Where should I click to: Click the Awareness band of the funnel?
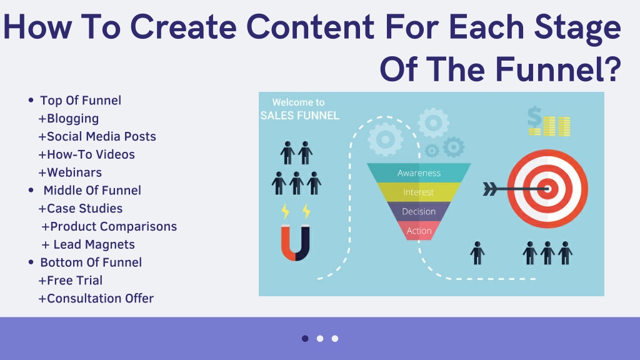click(x=419, y=172)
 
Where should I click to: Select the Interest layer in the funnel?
click(x=418, y=192)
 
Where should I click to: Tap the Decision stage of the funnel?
click(x=419, y=211)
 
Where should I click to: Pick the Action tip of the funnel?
click(x=419, y=231)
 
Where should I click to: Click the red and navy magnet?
click(x=296, y=244)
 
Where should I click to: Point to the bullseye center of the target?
click(x=547, y=189)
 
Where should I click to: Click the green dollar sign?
click(x=534, y=117)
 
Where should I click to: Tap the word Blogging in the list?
click(x=72, y=118)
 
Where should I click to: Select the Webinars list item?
click(x=74, y=172)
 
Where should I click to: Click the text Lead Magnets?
click(x=94, y=244)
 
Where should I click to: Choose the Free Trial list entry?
click(x=75, y=280)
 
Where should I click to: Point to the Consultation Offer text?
click(x=101, y=298)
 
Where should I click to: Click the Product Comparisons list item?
click(x=114, y=226)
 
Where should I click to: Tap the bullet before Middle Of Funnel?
click(x=31, y=190)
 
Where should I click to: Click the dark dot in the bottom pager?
click(x=305, y=338)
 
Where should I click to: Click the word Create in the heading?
click(x=183, y=26)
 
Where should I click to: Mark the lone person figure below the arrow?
click(x=477, y=252)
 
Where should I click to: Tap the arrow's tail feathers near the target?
click(x=490, y=189)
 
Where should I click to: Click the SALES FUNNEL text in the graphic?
click(x=300, y=116)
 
